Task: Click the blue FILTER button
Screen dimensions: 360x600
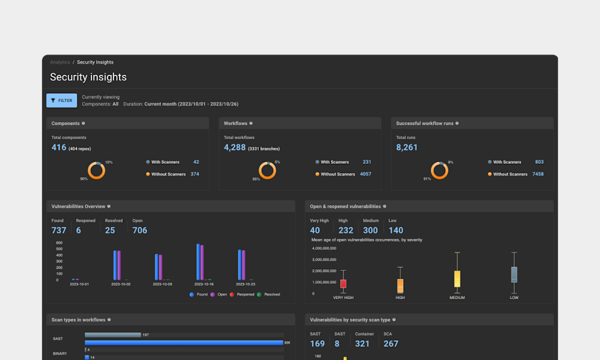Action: [62, 100]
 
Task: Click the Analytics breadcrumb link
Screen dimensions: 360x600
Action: [60, 62]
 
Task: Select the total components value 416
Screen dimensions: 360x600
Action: [59, 147]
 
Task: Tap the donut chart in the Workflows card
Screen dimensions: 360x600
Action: [267, 171]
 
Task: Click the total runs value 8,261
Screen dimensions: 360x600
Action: [407, 147]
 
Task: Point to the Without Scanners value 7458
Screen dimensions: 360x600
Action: [538, 174]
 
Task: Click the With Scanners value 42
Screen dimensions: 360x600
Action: [196, 162]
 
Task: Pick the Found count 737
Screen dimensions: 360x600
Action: [59, 230]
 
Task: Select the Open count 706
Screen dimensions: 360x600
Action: [140, 230]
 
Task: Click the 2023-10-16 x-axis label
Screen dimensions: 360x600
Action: [204, 284]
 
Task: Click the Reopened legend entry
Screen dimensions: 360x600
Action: [243, 294]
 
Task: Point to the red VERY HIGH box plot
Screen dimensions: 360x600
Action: [343, 284]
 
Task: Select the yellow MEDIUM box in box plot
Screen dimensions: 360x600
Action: [457, 279]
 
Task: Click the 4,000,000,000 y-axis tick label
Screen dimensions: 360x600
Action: [324, 249]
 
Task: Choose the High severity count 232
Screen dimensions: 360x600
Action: [346, 230]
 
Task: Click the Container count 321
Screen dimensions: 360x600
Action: [362, 343]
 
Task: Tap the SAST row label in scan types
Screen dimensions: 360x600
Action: [58, 339]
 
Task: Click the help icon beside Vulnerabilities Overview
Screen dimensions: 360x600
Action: [109, 206]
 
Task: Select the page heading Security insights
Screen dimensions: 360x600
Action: [89, 77]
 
